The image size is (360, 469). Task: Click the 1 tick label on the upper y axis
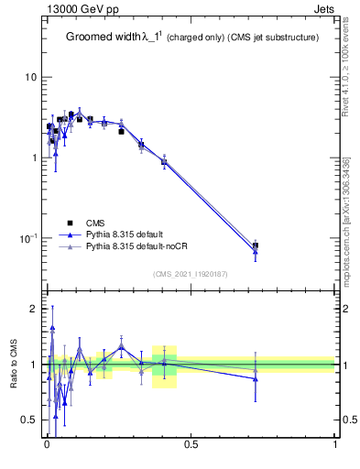34,158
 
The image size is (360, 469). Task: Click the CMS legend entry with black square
95,223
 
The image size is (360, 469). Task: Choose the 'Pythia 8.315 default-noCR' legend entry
137,247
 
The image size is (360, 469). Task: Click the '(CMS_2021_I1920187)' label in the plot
190,273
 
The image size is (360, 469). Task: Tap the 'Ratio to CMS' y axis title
14,364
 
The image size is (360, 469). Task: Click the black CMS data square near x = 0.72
256,245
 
